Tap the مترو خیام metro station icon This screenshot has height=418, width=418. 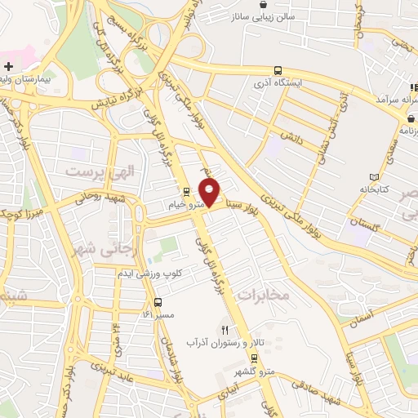pyautogui.click(x=187, y=193)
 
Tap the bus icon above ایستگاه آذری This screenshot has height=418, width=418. pyautogui.click(x=278, y=70)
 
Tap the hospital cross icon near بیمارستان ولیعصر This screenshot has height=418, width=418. pyautogui.click(x=9, y=65)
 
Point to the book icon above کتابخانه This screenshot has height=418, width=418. pyautogui.click(x=375, y=177)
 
